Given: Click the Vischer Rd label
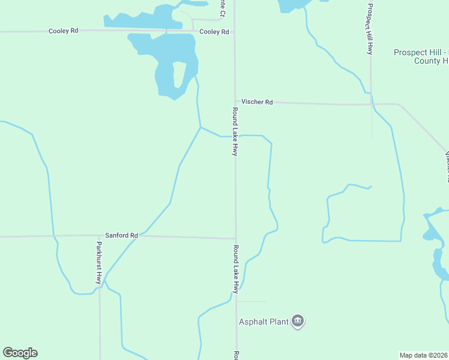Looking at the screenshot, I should click(257, 102).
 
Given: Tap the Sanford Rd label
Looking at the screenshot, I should click(121, 236).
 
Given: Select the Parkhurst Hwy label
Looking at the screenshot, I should click(99, 263).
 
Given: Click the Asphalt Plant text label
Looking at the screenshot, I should click(264, 322).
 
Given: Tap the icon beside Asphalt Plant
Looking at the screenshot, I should click(298, 322).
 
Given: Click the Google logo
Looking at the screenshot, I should click(20, 353).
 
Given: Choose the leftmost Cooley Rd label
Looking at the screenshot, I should click(64, 30).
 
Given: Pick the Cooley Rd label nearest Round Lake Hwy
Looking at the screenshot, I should click(214, 31).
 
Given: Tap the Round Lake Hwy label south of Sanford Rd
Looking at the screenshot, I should click(236, 269).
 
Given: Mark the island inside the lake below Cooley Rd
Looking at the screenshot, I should click(179, 76).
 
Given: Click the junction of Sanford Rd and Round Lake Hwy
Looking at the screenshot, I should click(235, 238).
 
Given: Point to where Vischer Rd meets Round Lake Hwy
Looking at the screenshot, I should click(235, 102).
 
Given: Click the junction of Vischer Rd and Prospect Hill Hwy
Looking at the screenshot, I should click(371, 104).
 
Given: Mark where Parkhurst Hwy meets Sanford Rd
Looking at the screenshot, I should click(100, 236).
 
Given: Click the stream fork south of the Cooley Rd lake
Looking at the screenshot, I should click(200, 127).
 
